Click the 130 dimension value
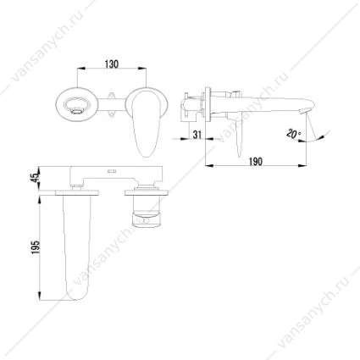(112, 64)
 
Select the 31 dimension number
(197, 134)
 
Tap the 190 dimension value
(256, 162)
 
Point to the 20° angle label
(294, 133)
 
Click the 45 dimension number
(36, 178)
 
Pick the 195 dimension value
(36, 247)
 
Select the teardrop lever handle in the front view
(146, 122)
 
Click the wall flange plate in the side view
(208, 104)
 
